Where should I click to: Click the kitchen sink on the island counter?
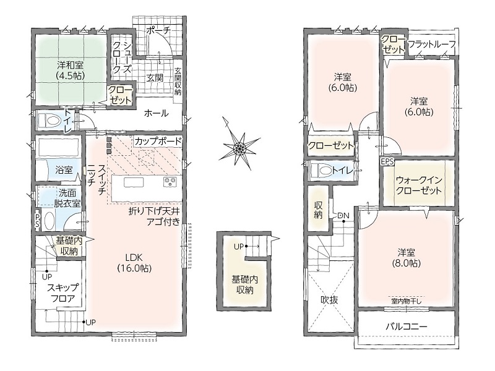[x=134, y=182]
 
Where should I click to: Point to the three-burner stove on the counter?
[x=170, y=182]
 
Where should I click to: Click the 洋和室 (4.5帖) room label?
[x=70, y=70]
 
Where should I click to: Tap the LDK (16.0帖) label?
[x=134, y=262]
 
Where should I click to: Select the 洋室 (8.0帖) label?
[x=406, y=257]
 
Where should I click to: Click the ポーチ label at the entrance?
[x=158, y=30]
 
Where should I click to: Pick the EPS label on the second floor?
[x=387, y=161]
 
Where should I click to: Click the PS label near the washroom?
[x=38, y=220]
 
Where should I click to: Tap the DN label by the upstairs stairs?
[x=343, y=216]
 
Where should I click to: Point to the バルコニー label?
[x=407, y=326]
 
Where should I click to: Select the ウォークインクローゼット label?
[x=419, y=185]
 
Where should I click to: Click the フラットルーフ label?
[x=432, y=44]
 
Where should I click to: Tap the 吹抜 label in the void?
[x=329, y=299]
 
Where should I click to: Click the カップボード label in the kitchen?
[x=158, y=141]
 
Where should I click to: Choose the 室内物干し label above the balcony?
[x=407, y=301]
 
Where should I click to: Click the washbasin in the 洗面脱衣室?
[x=49, y=221]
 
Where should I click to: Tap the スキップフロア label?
[x=62, y=292]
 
